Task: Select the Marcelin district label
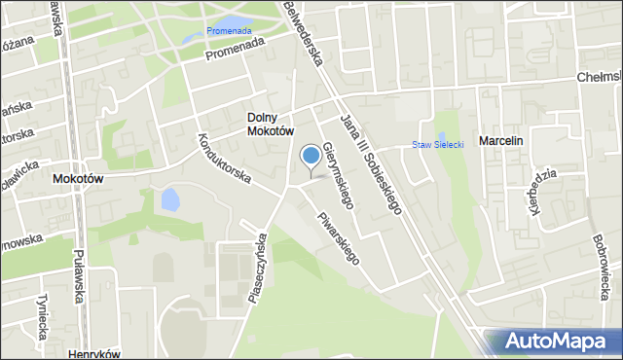(x=500, y=141)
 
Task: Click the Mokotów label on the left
(x=77, y=179)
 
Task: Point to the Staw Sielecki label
(x=437, y=145)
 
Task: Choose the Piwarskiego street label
(x=340, y=238)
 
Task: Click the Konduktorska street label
(x=225, y=159)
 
